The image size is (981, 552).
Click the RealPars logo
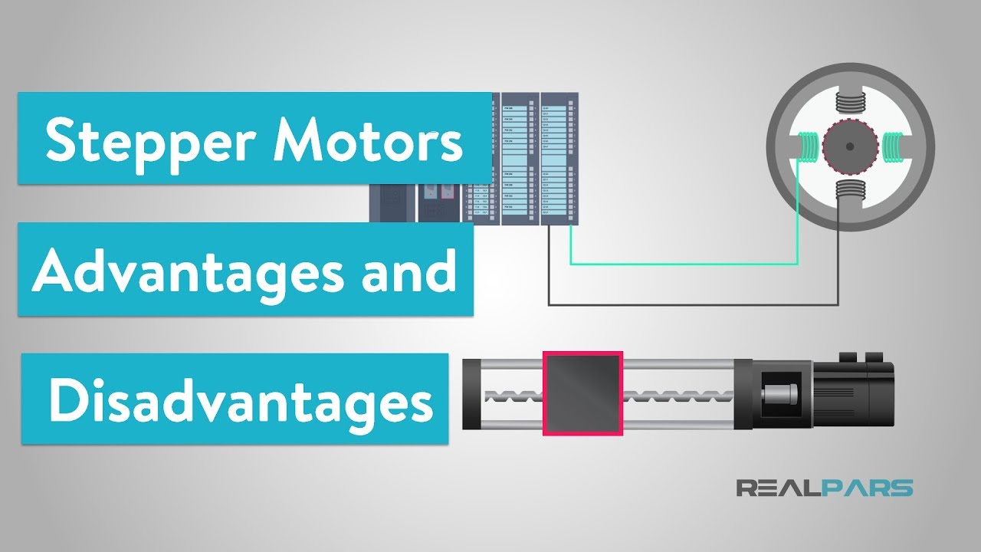click(825, 488)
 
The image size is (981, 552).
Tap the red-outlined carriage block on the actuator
click(582, 393)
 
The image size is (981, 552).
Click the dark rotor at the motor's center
click(849, 146)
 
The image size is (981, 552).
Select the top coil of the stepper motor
click(849, 99)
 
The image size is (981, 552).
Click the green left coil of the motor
click(808, 146)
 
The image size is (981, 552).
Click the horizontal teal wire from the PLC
click(682, 264)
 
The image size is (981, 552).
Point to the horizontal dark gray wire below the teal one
click(690, 304)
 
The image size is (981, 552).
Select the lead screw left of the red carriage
click(510, 396)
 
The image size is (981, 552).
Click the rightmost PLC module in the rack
click(559, 159)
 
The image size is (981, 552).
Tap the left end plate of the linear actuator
click(469, 394)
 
